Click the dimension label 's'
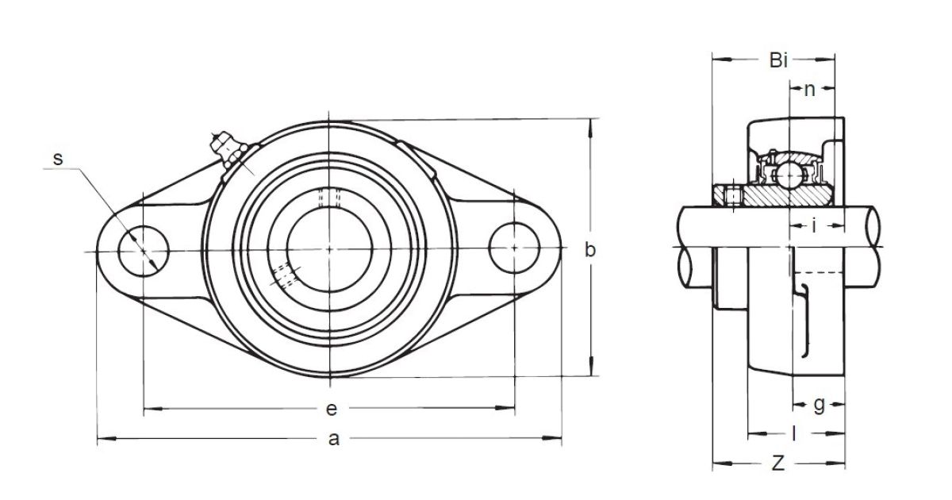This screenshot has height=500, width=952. click(58, 159)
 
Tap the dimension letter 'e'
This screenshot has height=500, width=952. click(332, 409)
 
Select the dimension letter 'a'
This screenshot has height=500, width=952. click(334, 439)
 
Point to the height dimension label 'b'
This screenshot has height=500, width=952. click(590, 249)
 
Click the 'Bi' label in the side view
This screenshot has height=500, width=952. click(778, 60)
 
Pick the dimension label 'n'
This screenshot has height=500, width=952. click(810, 90)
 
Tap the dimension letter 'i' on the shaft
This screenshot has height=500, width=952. click(814, 225)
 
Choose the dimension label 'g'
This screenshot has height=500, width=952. click(819, 405)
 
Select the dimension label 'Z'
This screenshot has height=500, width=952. click(777, 463)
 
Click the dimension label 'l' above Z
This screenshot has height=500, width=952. click(794, 434)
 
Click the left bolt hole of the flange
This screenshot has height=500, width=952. click(144, 251)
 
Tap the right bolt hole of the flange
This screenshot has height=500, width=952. click(514, 248)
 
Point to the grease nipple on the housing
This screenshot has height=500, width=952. click(228, 150)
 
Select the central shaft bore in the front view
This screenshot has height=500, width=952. click(329, 249)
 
